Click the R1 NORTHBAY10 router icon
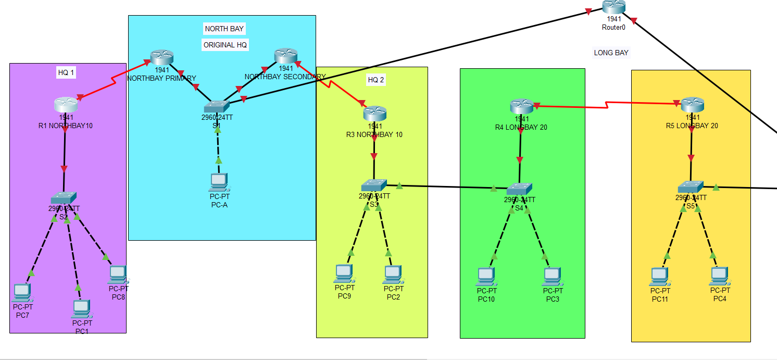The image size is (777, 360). [x=66, y=104]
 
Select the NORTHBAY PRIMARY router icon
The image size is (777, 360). [x=161, y=57]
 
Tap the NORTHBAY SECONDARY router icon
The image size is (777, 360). [x=285, y=56]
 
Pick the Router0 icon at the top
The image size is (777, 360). [x=613, y=7]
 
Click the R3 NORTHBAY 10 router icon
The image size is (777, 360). [x=374, y=113]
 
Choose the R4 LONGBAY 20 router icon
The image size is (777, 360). [x=521, y=106]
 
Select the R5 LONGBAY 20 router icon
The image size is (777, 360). [x=692, y=105]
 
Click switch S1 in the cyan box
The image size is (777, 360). [x=216, y=106]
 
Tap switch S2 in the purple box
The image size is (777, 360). [x=64, y=198]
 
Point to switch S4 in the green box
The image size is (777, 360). [x=519, y=189]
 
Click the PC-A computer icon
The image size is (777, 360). [x=219, y=182]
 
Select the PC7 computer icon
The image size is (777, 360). [x=22, y=293]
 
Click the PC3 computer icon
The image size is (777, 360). [x=553, y=276]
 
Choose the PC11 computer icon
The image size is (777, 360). [x=659, y=276]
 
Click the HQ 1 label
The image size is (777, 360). [x=66, y=73]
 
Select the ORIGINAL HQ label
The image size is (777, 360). [x=225, y=45]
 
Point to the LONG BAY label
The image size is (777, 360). [x=611, y=53]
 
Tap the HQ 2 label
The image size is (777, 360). [x=376, y=80]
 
